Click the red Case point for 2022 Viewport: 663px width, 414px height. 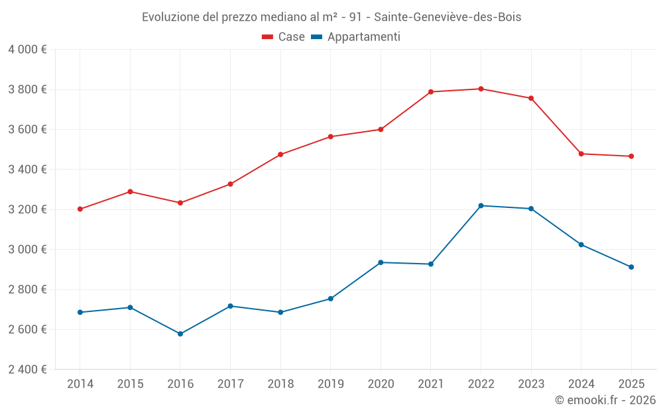481,89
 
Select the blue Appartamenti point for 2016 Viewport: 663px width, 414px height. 180,334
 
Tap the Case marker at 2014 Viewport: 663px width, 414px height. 80,209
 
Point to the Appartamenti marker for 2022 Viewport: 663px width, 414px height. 481,205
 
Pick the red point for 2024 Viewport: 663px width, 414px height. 581,154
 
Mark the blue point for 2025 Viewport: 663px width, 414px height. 631,267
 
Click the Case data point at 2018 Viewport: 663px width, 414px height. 280,154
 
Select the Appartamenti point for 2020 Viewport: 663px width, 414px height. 381,262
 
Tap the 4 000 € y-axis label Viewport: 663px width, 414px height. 27,50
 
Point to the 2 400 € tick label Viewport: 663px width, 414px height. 27,370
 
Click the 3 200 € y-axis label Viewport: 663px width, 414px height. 27,209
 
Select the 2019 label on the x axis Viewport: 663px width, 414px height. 330,384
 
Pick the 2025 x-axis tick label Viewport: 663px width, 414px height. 631,384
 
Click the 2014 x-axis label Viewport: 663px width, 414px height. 80,384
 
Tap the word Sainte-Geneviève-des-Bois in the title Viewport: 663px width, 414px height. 448,17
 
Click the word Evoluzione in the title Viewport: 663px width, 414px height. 170,17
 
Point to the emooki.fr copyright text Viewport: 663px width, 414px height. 605,400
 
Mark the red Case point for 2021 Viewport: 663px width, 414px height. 431,92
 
